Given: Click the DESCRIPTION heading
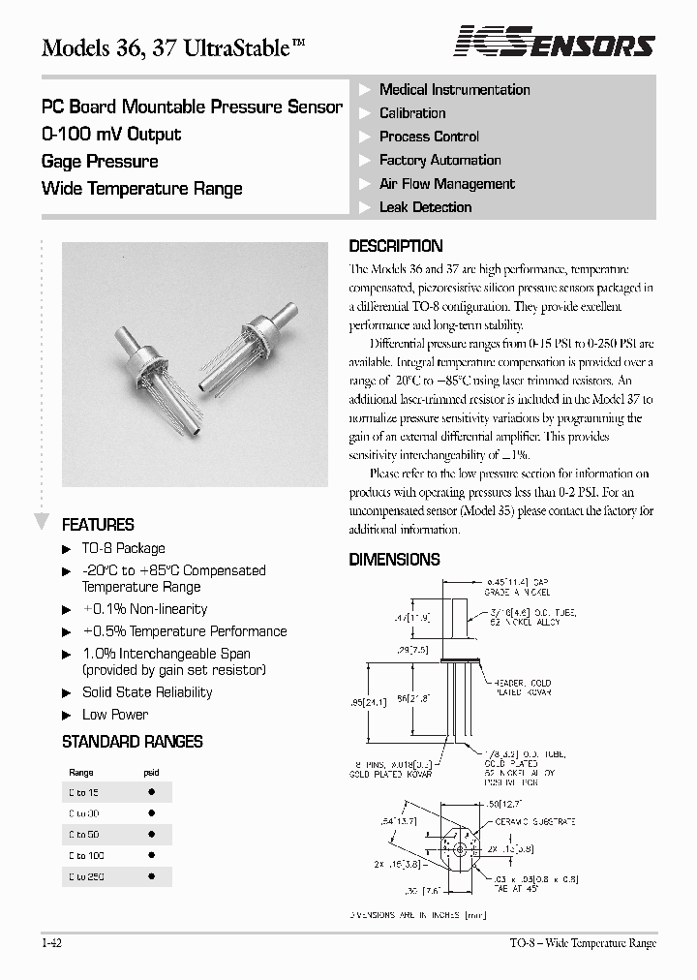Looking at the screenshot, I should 395,246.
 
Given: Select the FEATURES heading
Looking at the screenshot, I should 98,525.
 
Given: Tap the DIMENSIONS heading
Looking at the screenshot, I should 394,559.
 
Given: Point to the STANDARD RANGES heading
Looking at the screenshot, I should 132,742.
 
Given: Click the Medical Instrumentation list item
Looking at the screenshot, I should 454,90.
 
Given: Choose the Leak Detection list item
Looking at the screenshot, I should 425,207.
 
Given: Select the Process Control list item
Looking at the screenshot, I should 429,137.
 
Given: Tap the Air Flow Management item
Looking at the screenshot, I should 446,184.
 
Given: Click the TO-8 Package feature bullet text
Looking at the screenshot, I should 123,548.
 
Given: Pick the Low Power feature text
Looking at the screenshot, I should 115,715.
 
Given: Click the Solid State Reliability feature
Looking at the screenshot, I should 147,692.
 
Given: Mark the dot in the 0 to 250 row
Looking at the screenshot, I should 151,876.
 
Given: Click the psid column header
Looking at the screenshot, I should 151,773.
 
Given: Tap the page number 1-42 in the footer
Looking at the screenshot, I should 53,942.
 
